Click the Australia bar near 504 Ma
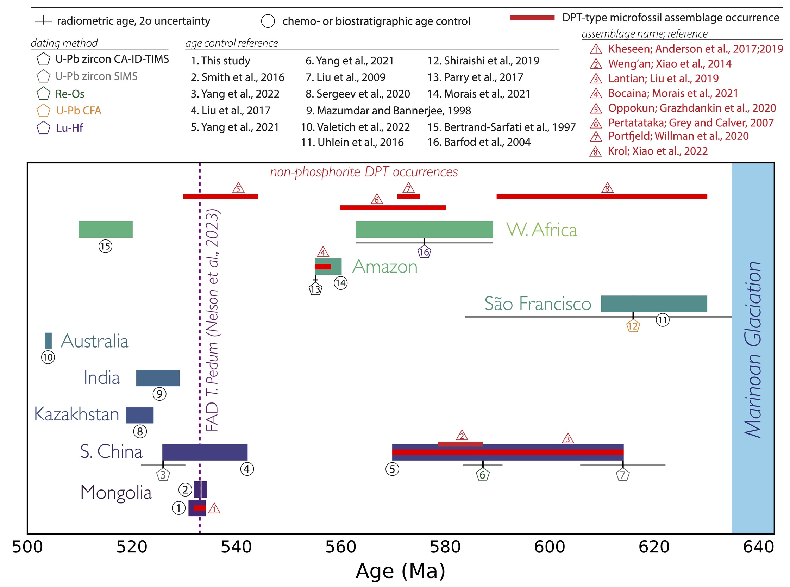pyautogui.click(x=48, y=341)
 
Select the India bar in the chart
pyautogui.click(x=158, y=378)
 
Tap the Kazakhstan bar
pyautogui.click(x=140, y=415)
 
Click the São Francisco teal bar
pyautogui.click(x=654, y=304)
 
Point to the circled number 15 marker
pyautogui.click(x=105, y=246)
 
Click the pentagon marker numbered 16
pyautogui.click(x=424, y=252)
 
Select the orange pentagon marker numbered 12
pyautogui.click(x=633, y=326)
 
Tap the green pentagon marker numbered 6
pyautogui.click(x=482, y=475)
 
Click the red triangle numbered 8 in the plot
pyautogui.click(x=607, y=188)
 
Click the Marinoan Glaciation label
pyautogui.click(x=753, y=350)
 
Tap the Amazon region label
pyautogui.click(x=385, y=267)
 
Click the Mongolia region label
pyautogui.click(x=116, y=493)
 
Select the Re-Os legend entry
pyautogui.click(x=70, y=94)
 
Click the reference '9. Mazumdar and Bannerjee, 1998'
pyautogui.click(x=388, y=111)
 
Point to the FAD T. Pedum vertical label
pyautogui.click(x=213, y=320)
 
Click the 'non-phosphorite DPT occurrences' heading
pyautogui.click(x=364, y=172)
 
